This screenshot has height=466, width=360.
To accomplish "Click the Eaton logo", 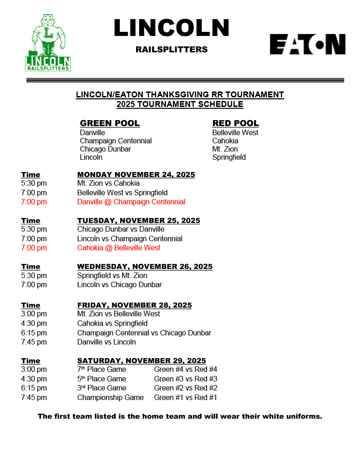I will pos(307,44).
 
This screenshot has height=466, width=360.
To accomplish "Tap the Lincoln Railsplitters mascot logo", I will pos(48,43).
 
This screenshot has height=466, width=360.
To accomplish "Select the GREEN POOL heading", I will pos(110,123).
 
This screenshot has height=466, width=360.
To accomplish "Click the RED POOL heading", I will pos(235,123).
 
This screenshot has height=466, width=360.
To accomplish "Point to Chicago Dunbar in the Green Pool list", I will pos(105,149).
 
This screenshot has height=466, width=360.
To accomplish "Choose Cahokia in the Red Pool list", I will pos(225,141).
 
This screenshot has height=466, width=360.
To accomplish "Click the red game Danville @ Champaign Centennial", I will pos(131,202).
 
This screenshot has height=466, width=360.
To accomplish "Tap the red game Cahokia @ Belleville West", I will pos(119,248).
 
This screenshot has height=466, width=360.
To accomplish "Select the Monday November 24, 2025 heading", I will pos(136,175).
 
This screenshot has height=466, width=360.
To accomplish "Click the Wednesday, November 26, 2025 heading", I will pos(145,266).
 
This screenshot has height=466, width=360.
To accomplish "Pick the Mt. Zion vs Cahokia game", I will pos(108,183).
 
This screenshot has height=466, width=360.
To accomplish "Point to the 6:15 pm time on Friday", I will pos(34,333).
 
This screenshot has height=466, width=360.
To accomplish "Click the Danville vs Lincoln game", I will pos(106,342).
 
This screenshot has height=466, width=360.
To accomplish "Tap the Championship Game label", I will pos(110,397).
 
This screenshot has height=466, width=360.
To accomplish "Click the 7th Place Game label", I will pos(101,369).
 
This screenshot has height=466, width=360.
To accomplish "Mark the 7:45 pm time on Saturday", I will pos(34,397).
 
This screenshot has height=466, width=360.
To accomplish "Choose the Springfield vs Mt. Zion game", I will pos(112,275).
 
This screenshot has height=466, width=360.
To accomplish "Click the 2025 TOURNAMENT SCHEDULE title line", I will pos(180,104).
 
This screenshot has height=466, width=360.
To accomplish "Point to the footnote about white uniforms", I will pos(180,416).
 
